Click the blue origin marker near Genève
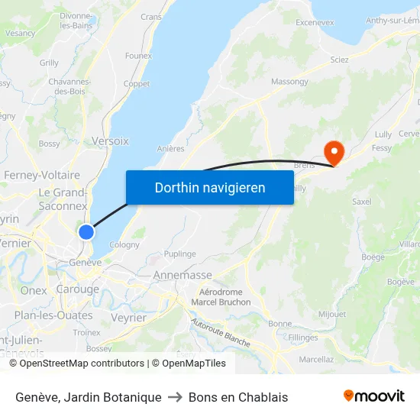coord(86,231)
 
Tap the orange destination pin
coord(334,150)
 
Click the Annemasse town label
coord(183,275)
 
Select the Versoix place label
coord(110,141)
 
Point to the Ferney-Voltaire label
coord(42,175)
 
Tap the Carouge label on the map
coord(77,289)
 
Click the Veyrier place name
coord(128,318)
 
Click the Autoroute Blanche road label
coord(221,334)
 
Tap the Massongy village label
coord(289,82)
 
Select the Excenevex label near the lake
coord(315,23)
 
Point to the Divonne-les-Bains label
coord(77,21)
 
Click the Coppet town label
coord(137,84)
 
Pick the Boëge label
coord(373,257)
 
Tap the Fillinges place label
coord(303,337)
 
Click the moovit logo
coord(373,396)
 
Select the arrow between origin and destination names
coord(175,397)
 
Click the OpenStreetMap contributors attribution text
coord(82,363)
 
